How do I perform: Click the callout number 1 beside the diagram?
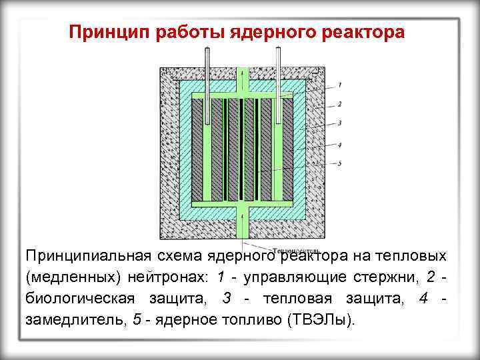coord(339,85)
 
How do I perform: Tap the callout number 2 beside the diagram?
coord(339,104)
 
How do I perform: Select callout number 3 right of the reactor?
coord(339,123)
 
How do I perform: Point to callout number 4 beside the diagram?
coord(339,144)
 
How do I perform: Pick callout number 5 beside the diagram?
coord(339,163)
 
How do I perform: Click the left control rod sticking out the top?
coord(207,67)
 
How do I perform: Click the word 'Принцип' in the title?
coord(108,33)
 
